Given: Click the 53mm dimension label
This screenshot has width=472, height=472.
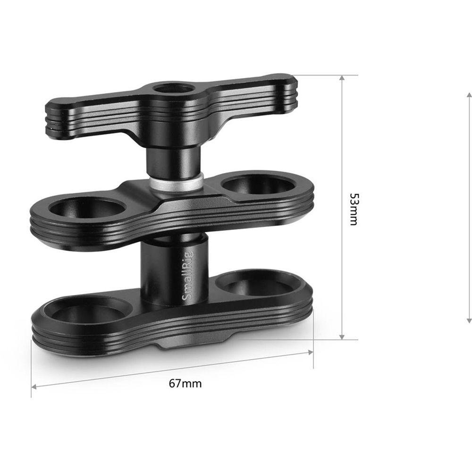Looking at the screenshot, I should point(353,209).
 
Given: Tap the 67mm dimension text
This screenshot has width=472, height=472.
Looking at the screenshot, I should point(185,383).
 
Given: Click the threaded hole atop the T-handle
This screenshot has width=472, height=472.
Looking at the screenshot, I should point(173,88).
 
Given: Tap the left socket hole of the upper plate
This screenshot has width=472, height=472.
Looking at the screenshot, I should point(88,207).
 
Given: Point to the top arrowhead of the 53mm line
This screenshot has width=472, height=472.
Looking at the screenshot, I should point(341,78).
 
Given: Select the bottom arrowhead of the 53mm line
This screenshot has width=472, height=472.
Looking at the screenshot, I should point(341,336).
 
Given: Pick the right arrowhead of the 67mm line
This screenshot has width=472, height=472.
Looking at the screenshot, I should point(310,352).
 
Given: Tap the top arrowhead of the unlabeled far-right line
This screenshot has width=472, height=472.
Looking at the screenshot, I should point(469,96).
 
